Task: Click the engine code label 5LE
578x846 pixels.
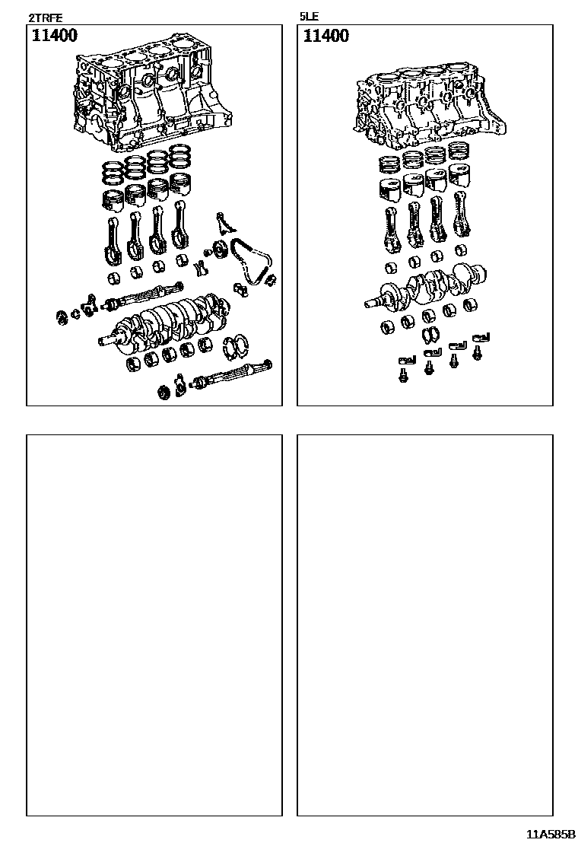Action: (x=310, y=16)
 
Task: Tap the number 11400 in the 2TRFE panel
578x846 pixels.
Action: (x=54, y=36)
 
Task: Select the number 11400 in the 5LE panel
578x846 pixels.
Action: (x=326, y=36)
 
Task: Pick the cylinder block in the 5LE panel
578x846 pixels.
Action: (x=426, y=107)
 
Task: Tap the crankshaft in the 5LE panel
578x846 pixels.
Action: (x=430, y=288)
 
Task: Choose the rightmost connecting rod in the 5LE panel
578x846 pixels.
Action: (x=459, y=217)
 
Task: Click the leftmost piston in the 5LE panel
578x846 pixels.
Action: (x=389, y=191)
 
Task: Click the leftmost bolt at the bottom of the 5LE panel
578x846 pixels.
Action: (x=403, y=375)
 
